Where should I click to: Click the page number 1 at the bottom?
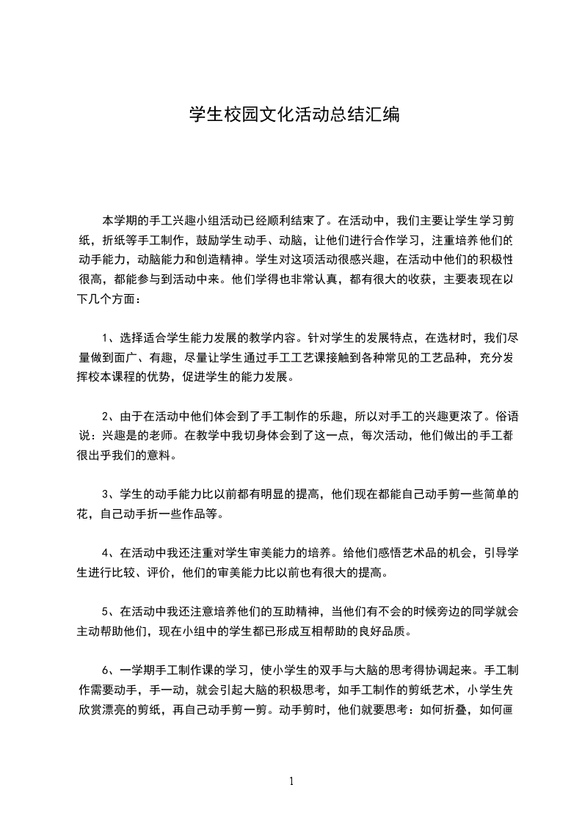291,781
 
